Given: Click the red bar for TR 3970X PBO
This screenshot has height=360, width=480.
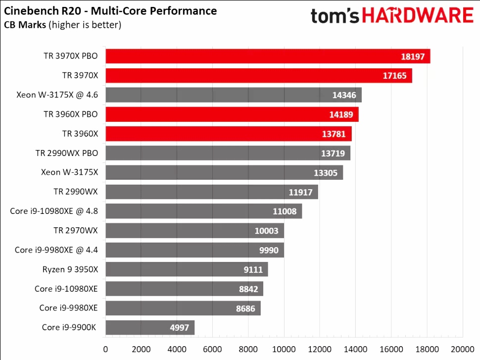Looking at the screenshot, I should click(x=267, y=56).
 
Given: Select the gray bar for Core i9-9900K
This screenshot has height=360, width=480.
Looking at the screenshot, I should click(x=150, y=327).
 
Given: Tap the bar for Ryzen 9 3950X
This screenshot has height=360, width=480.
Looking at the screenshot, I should click(x=187, y=269).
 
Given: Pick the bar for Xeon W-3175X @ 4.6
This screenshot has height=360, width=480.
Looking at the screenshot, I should click(x=234, y=95).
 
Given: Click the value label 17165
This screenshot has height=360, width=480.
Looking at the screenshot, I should click(x=394, y=76).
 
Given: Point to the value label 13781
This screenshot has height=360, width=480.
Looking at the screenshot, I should click(x=334, y=134).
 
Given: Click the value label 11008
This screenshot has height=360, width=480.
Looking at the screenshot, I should click(x=285, y=211).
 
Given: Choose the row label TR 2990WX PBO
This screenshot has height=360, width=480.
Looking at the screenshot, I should click(x=67, y=153).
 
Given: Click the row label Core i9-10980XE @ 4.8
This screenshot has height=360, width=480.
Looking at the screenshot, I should click(x=54, y=211).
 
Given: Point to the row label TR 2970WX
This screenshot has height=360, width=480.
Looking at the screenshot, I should click(x=76, y=231).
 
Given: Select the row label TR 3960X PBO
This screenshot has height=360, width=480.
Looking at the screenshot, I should click(x=70, y=114).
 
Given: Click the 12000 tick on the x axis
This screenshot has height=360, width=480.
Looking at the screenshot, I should click(x=320, y=349).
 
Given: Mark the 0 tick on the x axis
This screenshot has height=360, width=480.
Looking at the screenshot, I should click(x=105, y=349).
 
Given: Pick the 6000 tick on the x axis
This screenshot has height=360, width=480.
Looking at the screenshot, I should click(x=213, y=349).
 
